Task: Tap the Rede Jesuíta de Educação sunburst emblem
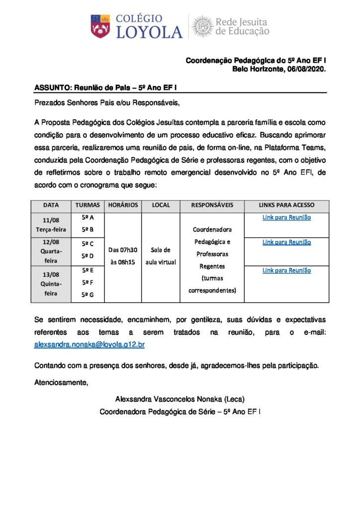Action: pos(202,26)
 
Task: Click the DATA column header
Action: pos(51,205)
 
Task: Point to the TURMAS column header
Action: pos(88,205)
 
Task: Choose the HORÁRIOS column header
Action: pos(122,205)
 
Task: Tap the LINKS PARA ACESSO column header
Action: pos(286,205)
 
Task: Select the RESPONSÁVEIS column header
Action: pos(212,205)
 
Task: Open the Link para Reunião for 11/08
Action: pos(286,217)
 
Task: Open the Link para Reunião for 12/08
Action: pos(286,242)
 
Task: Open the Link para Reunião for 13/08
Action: pos(286,270)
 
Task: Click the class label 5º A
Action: pos(88,217)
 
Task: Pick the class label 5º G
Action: pos(88,294)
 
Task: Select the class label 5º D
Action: pos(88,256)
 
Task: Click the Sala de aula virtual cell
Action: pos(161,256)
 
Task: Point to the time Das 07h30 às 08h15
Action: pos(122,256)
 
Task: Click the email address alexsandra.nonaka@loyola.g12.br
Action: pos(90,344)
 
